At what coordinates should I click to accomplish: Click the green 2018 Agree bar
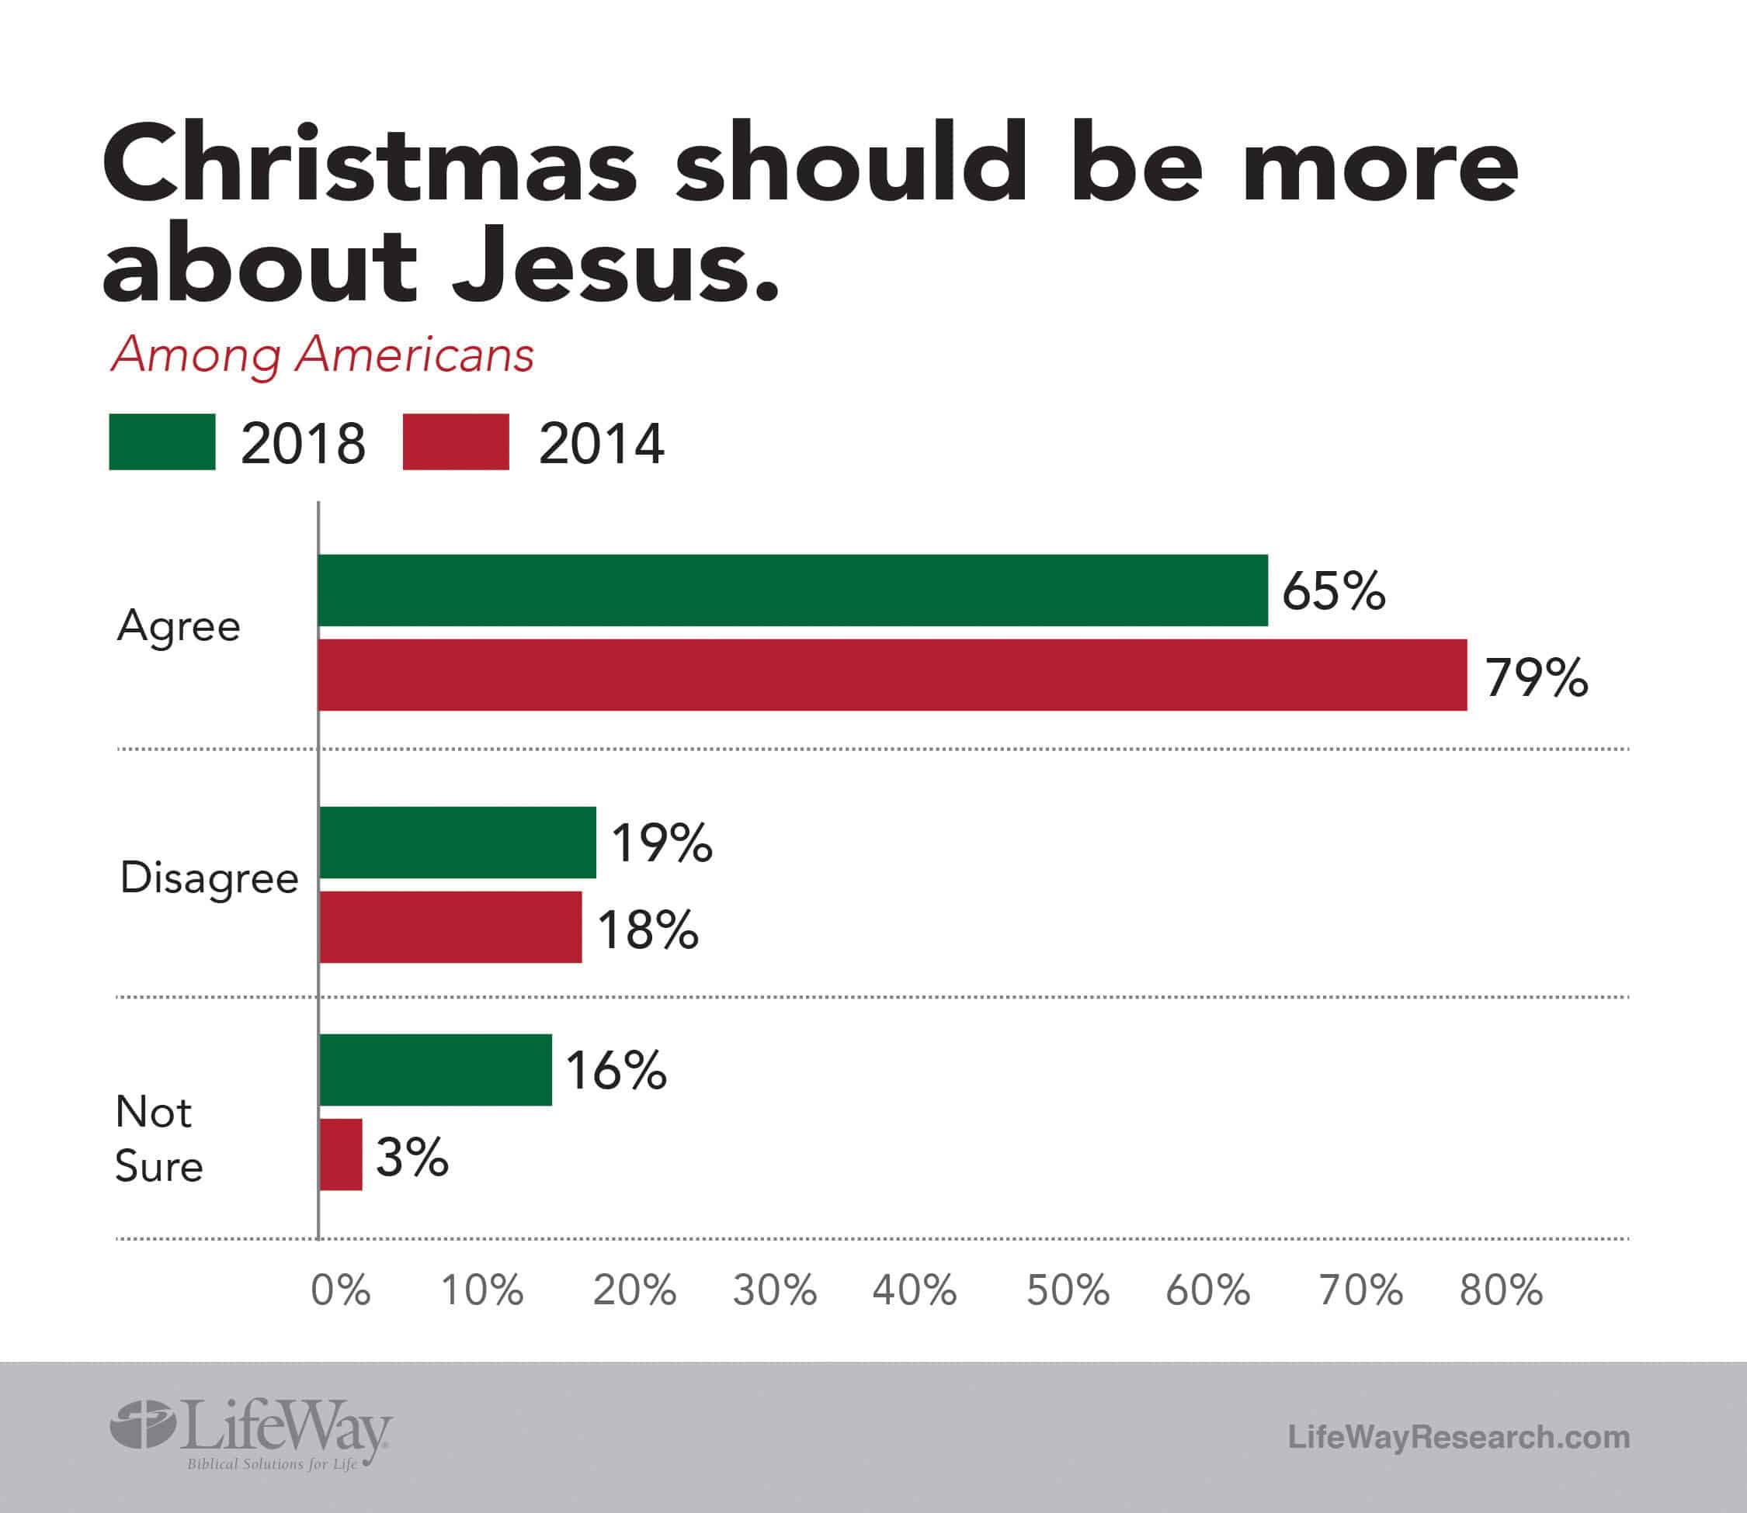click(x=793, y=590)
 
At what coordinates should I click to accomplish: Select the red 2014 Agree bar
click(x=892, y=674)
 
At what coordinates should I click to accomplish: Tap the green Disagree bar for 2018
click(x=457, y=842)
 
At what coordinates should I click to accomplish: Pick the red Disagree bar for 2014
click(x=450, y=926)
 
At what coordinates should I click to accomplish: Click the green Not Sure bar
click(x=435, y=1070)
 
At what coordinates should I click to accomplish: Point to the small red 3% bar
click(x=340, y=1155)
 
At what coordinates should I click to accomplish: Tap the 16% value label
click(x=615, y=1071)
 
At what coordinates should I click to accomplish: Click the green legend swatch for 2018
click(x=162, y=441)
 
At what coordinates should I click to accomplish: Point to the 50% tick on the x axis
click(x=1067, y=1290)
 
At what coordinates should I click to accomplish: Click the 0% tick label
click(x=340, y=1290)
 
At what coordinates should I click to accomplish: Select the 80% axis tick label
click(x=1500, y=1290)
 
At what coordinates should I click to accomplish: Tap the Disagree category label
click(x=209, y=879)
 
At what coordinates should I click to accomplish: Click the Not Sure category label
click(x=158, y=1138)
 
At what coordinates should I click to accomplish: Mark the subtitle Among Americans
click(x=322, y=355)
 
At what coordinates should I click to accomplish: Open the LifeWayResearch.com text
click(x=1458, y=1436)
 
